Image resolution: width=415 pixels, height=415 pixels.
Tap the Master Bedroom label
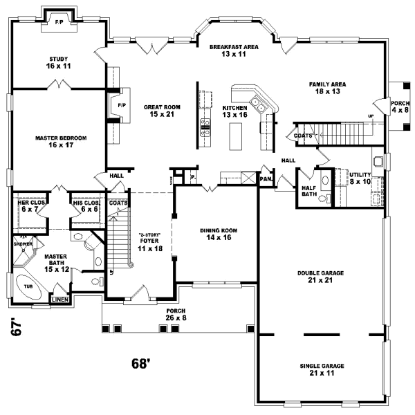click(x=61, y=142)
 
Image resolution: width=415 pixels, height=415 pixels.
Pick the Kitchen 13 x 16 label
click(x=234, y=112)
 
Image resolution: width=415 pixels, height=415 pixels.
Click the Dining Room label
click(x=215, y=234)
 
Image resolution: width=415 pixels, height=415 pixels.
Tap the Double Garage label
click(x=321, y=277)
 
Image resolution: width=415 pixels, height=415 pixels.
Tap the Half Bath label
click(x=308, y=190)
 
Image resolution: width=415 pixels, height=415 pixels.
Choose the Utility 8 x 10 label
click(x=360, y=178)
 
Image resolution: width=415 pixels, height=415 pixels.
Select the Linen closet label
click(x=60, y=299)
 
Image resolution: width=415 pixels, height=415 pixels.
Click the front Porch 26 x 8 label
click(x=176, y=315)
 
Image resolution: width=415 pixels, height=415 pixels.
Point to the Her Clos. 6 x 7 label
click(x=28, y=206)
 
